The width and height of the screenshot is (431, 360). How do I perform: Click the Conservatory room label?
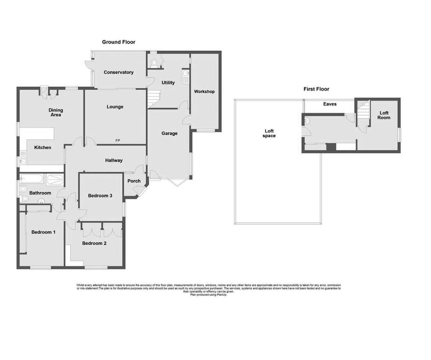(x=118, y=72)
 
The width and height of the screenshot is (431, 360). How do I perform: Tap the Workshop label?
(x=204, y=92)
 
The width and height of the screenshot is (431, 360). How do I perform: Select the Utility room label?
(x=168, y=83)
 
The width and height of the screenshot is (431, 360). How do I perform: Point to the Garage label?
(x=169, y=133)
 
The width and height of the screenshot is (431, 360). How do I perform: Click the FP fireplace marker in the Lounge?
(x=118, y=141)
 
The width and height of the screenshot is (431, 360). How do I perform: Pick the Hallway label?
(x=114, y=160)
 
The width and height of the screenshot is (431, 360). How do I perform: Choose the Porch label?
(x=134, y=181)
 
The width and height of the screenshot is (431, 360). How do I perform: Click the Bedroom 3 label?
(x=100, y=196)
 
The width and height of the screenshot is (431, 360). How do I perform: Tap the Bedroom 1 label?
(x=43, y=232)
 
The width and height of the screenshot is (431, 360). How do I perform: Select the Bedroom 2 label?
(x=94, y=243)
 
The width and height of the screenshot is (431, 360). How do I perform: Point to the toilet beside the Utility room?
(x=154, y=63)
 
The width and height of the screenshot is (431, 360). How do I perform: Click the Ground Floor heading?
(x=118, y=42)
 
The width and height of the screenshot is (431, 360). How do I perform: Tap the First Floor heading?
(x=316, y=89)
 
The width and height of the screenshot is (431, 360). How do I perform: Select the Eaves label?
(x=330, y=104)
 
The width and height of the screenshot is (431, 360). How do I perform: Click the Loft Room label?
(x=384, y=115)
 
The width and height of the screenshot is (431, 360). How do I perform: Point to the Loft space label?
(x=269, y=133)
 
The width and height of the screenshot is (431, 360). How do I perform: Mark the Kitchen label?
(x=43, y=147)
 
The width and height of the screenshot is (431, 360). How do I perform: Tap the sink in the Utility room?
(x=185, y=77)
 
